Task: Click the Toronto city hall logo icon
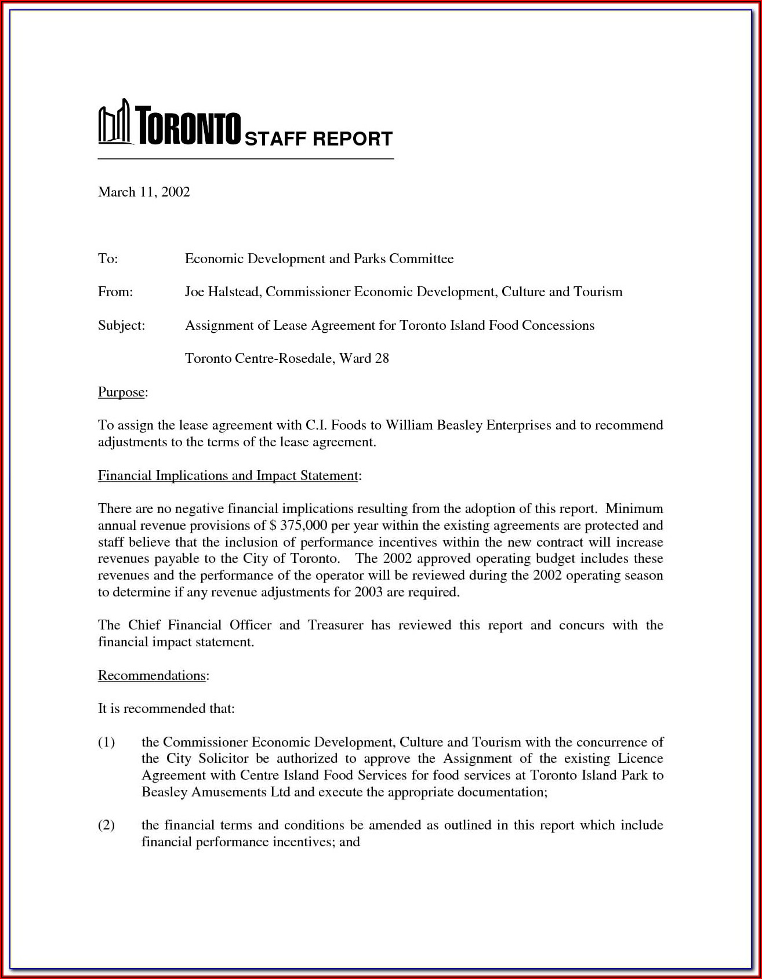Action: pyautogui.click(x=113, y=123)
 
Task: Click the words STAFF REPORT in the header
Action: pyautogui.click(x=318, y=139)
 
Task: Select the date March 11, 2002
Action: pyautogui.click(x=144, y=192)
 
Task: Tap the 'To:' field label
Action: pyautogui.click(x=108, y=259)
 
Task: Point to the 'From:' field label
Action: pyautogui.click(x=115, y=292)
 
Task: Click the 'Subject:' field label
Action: pyautogui.click(x=121, y=325)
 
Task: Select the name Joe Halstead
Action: pyautogui.click(x=223, y=292)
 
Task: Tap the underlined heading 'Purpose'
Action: pyautogui.click(x=121, y=392)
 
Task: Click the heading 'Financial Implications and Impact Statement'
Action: pyautogui.click(x=228, y=475)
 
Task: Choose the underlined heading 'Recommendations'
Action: pyautogui.click(x=152, y=675)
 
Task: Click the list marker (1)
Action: pyautogui.click(x=106, y=742)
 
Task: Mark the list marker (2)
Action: pyautogui.click(x=106, y=825)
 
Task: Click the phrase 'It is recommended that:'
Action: pyautogui.click(x=166, y=708)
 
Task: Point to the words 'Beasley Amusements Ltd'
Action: pyautogui.click(x=216, y=792)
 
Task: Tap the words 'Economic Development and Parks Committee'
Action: pyautogui.click(x=319, y=259)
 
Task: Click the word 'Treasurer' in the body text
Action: pyautogui.click(x=335, y=625)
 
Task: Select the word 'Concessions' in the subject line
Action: pyautogui.click(x=558, y=325)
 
